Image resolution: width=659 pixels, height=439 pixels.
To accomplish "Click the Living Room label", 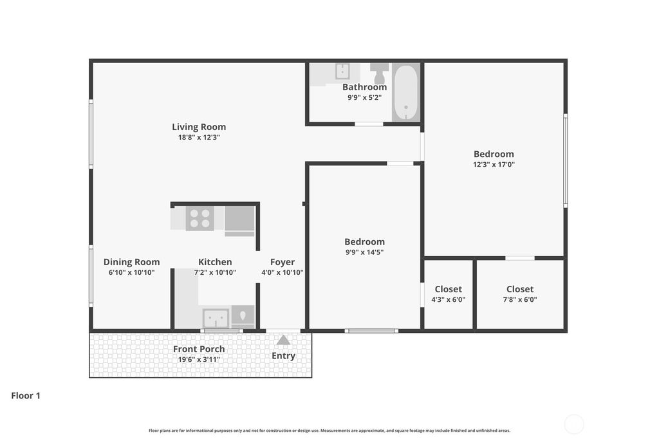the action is tap(199, 127).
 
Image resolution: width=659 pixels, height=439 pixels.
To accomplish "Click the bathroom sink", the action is tap(343, 71).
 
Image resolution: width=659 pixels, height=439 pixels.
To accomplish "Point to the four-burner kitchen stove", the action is tap(200, 219).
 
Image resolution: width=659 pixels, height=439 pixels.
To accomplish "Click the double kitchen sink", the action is tap(216, 319).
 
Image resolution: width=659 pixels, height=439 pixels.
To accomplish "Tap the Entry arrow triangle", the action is tap(283, 340).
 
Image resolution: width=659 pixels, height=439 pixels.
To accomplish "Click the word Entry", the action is tap(283, 356).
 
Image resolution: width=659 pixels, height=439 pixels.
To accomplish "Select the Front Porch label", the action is tap(199, 349).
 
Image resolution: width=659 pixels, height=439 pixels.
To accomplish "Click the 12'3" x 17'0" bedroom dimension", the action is tap(494, 164).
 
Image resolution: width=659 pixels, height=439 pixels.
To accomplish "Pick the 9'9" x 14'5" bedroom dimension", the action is tap(364, 252).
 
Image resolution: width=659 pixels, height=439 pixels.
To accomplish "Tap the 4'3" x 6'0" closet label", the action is tap(449, 300).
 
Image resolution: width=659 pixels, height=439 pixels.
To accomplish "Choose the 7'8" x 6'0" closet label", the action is tap(520, 300).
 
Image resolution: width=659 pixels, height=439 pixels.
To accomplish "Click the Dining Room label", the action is tap(131, 262).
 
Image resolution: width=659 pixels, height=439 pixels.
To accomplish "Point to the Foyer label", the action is tap(283, 262).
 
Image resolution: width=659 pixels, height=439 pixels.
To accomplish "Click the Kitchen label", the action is tap(215, 262).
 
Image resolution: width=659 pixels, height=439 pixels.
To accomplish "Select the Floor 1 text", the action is tap(26, 396).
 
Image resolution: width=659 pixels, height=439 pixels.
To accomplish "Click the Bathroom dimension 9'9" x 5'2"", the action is tap(364, 98).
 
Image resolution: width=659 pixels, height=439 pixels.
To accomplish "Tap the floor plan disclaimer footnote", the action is tap(329, 431).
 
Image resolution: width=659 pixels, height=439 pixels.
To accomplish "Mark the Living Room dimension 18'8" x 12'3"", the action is tap(199, 138).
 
